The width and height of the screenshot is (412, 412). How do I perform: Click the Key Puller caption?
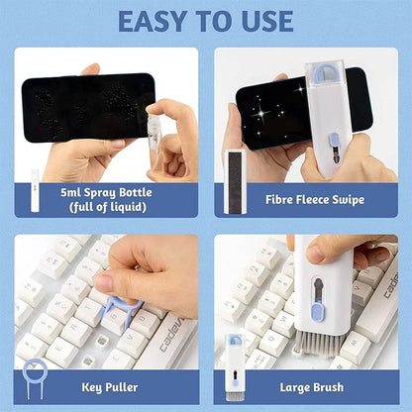point(109,387)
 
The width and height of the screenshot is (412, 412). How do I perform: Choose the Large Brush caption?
point(313,387)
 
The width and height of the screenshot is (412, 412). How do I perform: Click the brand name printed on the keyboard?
point(170,337)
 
